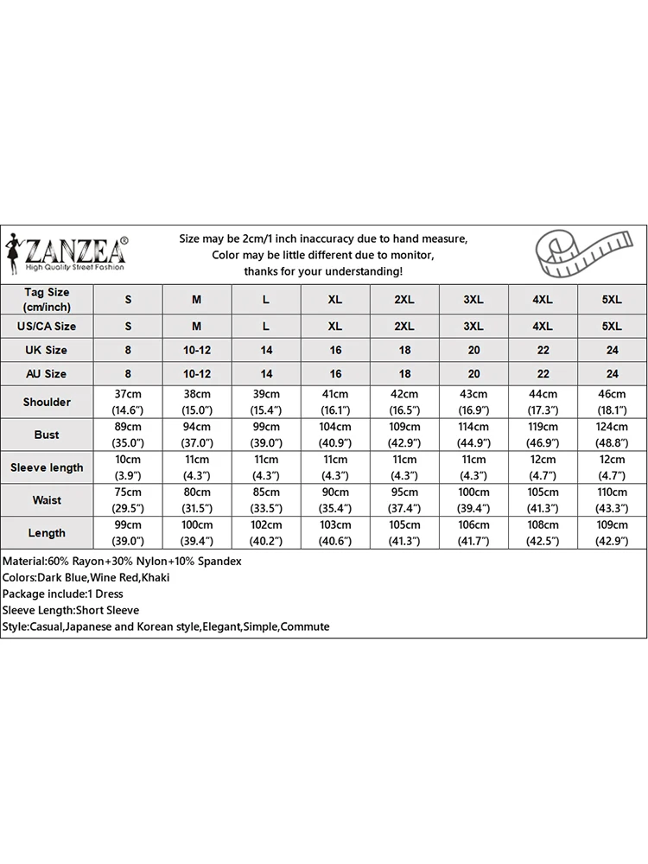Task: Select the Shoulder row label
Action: pos(47,402)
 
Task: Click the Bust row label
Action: pos(47,435)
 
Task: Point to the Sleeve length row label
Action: pos(47,467)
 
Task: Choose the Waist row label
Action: pos(47,500)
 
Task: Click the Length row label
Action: pos(47,533)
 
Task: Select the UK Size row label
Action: pos(47,350)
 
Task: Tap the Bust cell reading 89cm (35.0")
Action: pos(128,435)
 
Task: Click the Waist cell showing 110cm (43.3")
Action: pos(612,500)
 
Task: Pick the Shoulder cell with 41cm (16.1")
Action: pos(335,402)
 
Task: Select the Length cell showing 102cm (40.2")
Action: pos(266,533)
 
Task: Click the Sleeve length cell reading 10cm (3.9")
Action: pos(128,467)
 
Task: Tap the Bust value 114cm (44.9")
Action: pos(473,435)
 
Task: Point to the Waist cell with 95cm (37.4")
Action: pos(404,500)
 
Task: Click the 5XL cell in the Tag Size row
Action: pos(612,299)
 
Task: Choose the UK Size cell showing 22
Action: pos(543,350)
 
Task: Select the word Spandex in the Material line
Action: pos(219,561)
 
